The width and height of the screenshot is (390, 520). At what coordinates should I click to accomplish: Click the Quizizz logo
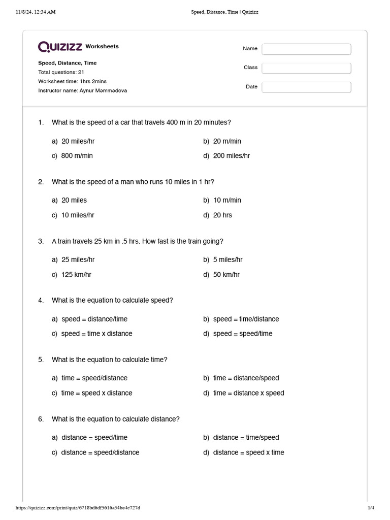pyautogui.click(x=60, y=47)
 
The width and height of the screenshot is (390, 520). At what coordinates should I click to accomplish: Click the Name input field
pyautogui.click(x=306, y=49)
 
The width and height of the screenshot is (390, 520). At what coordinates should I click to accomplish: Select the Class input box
pyautogui.click(x=306, y=68)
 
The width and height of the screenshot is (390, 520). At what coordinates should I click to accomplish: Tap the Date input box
pyautogui.click(x=306, y=87)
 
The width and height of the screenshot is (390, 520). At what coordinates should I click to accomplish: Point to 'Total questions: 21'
pyautogui.click(x=61, y=72)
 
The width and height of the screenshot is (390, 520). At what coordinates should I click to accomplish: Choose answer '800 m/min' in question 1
pyautogui.click(x=77, y=156)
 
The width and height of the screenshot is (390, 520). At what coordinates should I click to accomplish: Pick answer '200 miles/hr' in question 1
pyautogui.click(x=231, y=156)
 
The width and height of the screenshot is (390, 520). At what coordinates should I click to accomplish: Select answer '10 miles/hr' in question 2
pyautogui.click(x=78, y=215)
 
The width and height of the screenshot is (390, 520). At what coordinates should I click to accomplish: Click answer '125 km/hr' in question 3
pyautogui.click(x=76, y=274)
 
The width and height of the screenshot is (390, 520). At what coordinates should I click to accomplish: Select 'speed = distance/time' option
pyautogui.click(x=94, y=319)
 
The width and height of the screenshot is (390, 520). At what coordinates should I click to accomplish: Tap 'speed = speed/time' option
pyautogui.click(x=242, y=334)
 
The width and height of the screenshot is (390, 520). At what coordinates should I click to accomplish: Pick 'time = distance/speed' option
pyautogui.click(x=246, y=378)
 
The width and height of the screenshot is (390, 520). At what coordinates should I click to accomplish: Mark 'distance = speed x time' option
pyautogui.click(x=248, y=452)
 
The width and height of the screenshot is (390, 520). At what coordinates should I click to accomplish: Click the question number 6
pyautogui.click(x=41, y=419)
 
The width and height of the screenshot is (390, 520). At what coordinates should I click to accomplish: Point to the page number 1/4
pyautogui.click(x=371, y=508)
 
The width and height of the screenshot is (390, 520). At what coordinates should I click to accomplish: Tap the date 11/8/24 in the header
pyautogui.click(x=26, y=12)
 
